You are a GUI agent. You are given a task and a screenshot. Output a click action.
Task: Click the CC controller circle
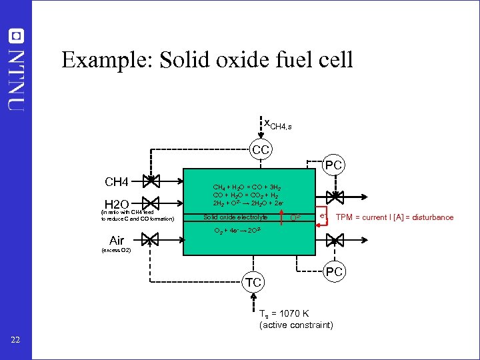261,150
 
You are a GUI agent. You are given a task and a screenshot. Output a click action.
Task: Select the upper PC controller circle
334,164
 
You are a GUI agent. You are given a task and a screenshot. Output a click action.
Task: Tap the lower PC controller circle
334,272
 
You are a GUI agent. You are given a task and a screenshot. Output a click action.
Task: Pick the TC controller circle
254,283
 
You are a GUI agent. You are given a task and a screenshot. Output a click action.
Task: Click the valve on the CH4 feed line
152,180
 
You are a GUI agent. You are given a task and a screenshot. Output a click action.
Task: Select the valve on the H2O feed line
152,202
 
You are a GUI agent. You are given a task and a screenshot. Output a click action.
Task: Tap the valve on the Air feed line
152,239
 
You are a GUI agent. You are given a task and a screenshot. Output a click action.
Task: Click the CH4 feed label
121,181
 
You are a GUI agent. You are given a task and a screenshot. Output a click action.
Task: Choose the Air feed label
117,240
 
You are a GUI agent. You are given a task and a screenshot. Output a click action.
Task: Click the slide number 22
16,341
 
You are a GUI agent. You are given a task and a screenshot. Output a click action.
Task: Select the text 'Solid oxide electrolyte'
235,217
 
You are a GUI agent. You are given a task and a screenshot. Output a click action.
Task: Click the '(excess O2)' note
117,250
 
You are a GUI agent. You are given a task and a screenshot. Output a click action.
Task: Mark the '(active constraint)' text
296,325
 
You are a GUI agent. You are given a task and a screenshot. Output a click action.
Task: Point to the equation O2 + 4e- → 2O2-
237,231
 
